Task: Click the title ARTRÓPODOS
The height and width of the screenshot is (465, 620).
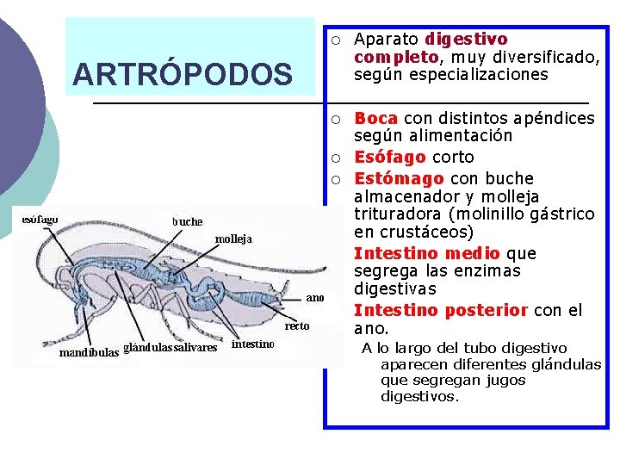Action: click(183, 75)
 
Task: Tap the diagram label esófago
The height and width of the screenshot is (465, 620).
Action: click(40, 219)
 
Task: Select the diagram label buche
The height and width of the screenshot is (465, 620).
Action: click(187, 221)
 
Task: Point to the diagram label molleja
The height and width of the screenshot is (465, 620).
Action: click(233, 239)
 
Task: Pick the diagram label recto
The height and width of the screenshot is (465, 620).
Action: click(298, 325)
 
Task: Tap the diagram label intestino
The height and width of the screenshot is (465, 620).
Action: click(253, 344)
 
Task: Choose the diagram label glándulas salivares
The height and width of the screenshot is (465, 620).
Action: click(170, 348)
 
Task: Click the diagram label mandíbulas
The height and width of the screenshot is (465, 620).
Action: click(89, 352)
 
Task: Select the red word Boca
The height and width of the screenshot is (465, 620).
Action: click(375, 118)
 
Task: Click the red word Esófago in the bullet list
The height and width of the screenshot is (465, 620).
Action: click(389, 157)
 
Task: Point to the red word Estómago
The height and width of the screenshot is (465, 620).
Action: click(399, 178)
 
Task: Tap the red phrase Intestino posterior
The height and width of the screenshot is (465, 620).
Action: click(440, 310)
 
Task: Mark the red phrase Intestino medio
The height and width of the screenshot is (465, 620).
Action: click(426, 253)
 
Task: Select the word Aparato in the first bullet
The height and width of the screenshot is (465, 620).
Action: click(386, 40)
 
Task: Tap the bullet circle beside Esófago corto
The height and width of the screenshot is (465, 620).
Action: click(339, 158)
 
